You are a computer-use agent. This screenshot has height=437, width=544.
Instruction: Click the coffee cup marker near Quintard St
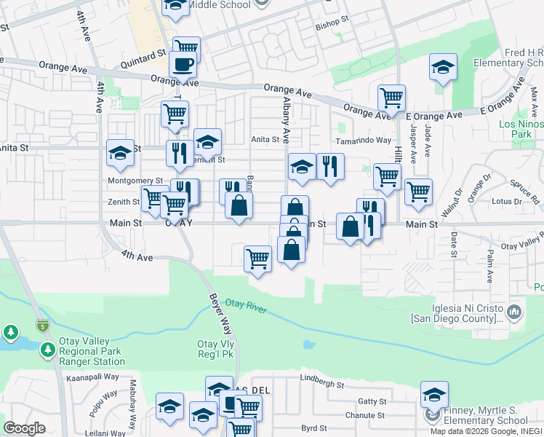(x=183, y=64)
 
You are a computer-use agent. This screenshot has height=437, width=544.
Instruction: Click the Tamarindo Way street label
(x=363, y=141)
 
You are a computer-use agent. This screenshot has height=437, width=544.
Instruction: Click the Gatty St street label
(x=372, y=401)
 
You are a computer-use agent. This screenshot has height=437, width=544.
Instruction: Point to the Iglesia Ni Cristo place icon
(x=514, y=312)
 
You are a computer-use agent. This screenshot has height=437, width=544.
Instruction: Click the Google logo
(x=24, y=428)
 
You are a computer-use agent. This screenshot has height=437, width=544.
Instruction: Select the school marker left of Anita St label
(x=120, y=152)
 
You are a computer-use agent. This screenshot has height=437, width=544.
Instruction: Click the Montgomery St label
(x=135, y=181)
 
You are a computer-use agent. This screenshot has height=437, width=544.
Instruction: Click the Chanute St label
(x=365, y=415)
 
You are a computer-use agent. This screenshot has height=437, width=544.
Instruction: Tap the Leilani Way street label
(x=88, y=432)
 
